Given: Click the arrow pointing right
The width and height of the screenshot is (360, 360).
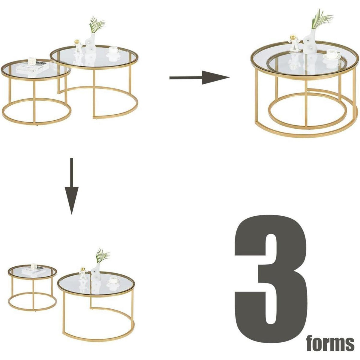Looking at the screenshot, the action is pyautogui.click(x=199, y=77).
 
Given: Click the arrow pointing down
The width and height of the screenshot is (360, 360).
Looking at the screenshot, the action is pyautogui.click(x=72, y=186).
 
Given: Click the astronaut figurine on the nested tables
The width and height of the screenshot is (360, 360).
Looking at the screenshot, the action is pyautogui.click(x=295, y=43).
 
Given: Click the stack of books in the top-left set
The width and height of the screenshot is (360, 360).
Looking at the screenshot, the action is pyautogui.click(x=32, y=67).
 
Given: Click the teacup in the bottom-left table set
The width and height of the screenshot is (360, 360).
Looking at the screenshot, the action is pyautogui.click(x=113, y=280).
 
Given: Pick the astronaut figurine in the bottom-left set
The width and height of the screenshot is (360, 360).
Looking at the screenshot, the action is pyautogui.click(x=83, y=273).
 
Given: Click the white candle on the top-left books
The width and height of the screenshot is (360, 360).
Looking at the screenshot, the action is pyautogui.click(x=31, y=61).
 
